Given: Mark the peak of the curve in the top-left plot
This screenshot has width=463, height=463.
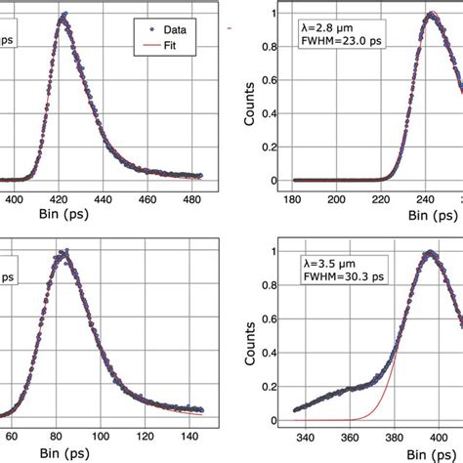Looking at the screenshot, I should point(64,15).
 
